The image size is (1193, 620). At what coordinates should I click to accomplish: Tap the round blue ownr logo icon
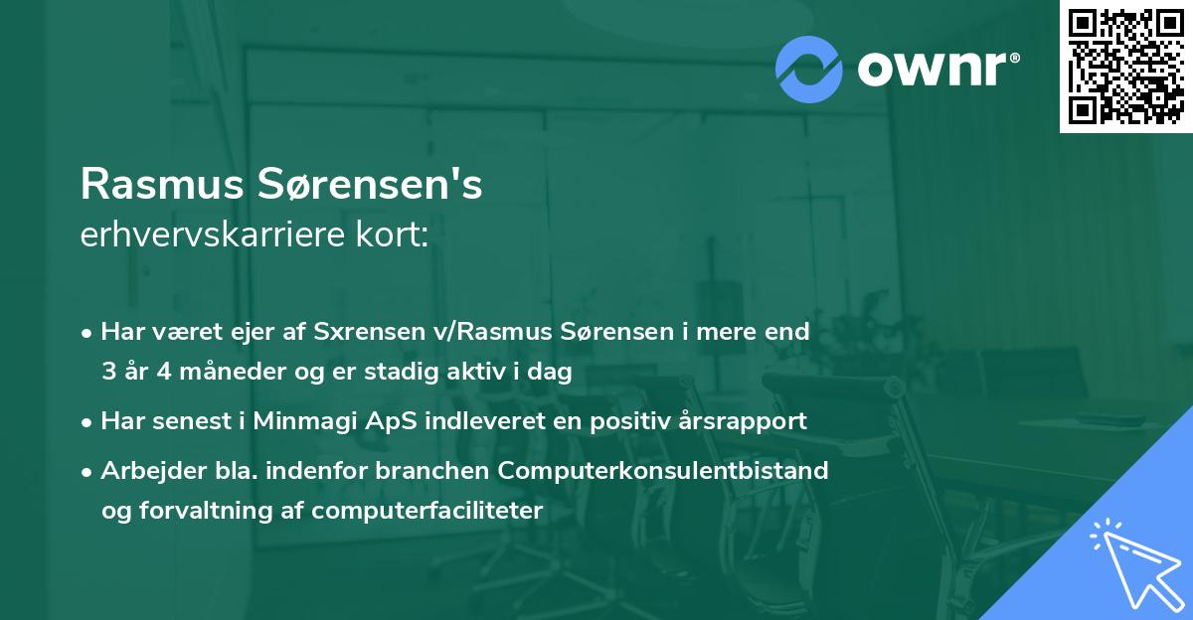(808, 69)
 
